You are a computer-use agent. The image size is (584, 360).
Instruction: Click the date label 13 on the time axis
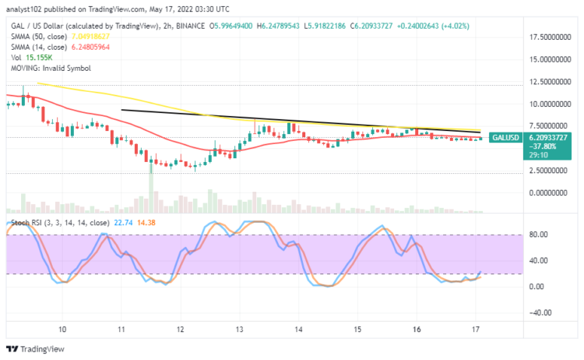click(239, 329)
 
